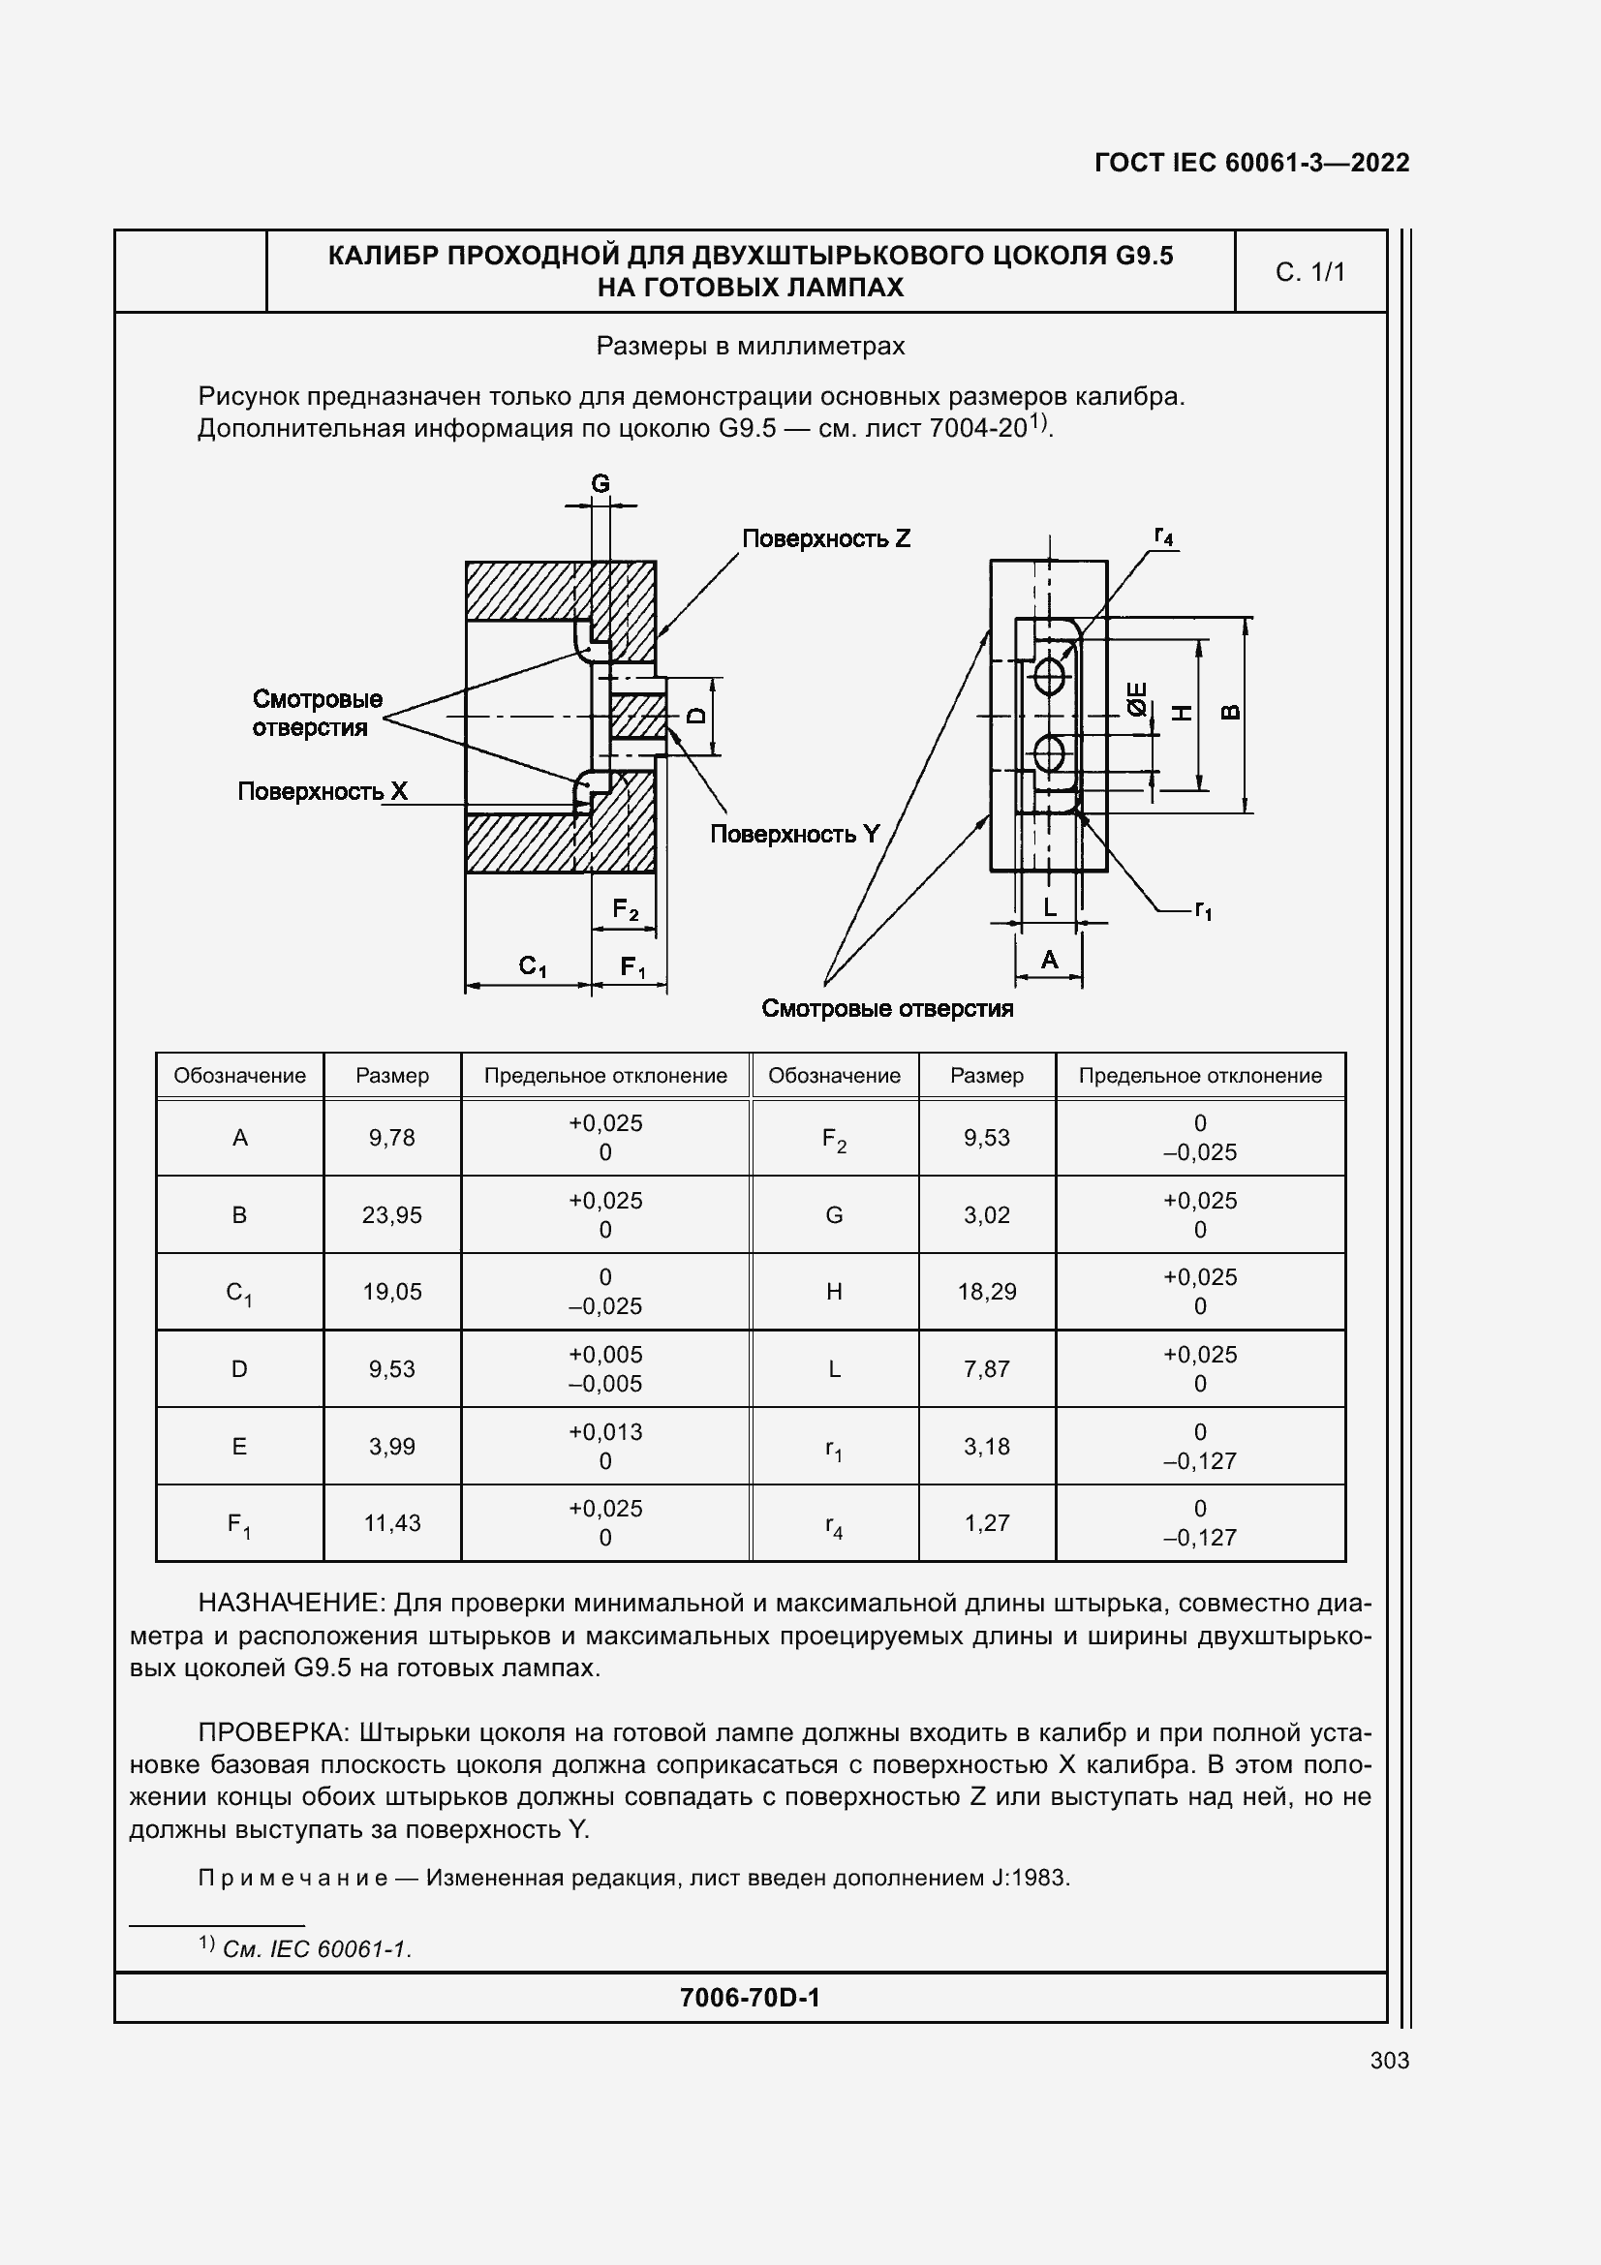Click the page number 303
(x=1389, y=2060)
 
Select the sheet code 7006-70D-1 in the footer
(x=750, y=1998)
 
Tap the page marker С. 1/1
(x=1310, y=272)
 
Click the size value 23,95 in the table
(x=391, y=1214)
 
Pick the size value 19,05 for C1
(x=391, y=1292)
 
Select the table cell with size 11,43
(x=391, y=1522)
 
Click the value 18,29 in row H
(x=986, y=1292)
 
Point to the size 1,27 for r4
(x=986, y=1522)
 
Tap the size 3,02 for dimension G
(x=986, y=1214)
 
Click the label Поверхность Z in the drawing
(x=825, y=538)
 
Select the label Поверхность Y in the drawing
(x=794, y=834)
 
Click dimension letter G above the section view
(x=600, y=483)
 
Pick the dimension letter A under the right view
(x=1050, y=959)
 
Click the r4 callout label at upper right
(x=1164, y=536)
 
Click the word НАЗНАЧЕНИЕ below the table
(x=287, y=1603)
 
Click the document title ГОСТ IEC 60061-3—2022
(x=1250, y=163)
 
